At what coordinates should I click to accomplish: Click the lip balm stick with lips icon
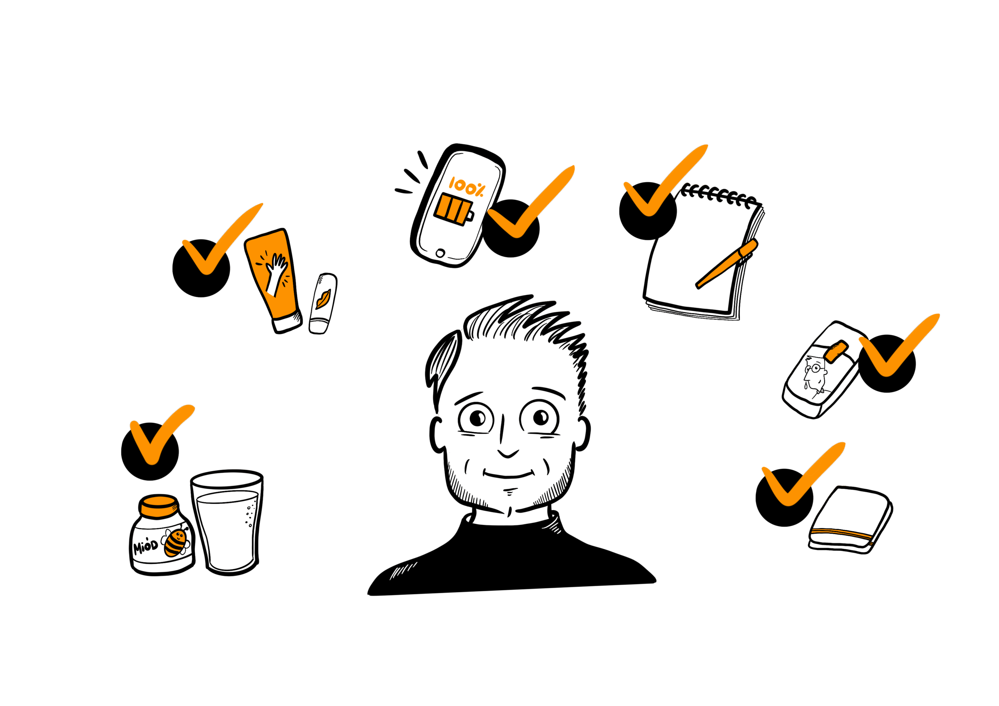pos(323,303)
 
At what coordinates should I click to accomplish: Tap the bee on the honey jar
pos(177,541)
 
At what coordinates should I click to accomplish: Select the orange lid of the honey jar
pos(158,505)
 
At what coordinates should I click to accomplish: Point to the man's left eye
pos(540,418)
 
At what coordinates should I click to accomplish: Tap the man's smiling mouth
pos(508,475)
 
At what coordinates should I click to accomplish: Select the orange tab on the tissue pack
pos(836,351)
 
